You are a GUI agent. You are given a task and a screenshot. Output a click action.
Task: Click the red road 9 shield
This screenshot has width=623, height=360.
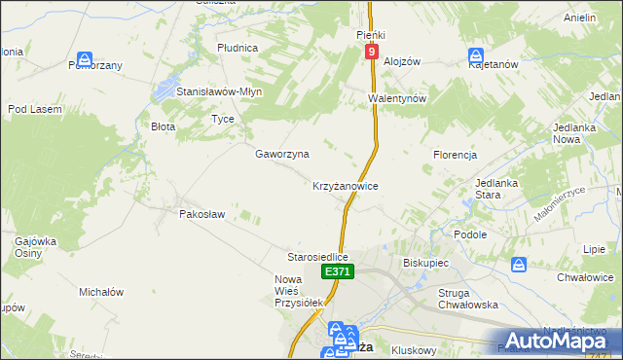point(372,52)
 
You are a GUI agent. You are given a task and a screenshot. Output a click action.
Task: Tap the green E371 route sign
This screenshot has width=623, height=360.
point(337,272)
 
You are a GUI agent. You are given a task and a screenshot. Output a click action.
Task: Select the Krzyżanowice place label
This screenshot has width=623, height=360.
point(345,185)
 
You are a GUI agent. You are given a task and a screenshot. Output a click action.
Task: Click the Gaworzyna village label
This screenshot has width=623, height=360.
point(282,154)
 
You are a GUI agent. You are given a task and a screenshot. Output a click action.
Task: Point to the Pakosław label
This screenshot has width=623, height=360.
point(202,214)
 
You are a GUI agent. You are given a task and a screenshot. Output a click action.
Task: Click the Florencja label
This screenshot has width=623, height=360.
point(455,155)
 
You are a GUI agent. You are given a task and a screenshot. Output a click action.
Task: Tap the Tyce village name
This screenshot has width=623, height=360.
point(223,119)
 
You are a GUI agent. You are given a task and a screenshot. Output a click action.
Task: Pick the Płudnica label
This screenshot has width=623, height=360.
point(238,47)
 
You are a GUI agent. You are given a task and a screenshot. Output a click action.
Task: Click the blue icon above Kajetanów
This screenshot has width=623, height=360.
point(476,56)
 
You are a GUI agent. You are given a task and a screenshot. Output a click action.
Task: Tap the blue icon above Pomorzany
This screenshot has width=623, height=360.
point(87,58)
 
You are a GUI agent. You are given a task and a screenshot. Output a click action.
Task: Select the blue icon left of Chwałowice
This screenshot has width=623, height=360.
point(519,265)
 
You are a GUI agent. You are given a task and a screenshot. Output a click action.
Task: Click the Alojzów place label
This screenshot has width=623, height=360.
point(401,60)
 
